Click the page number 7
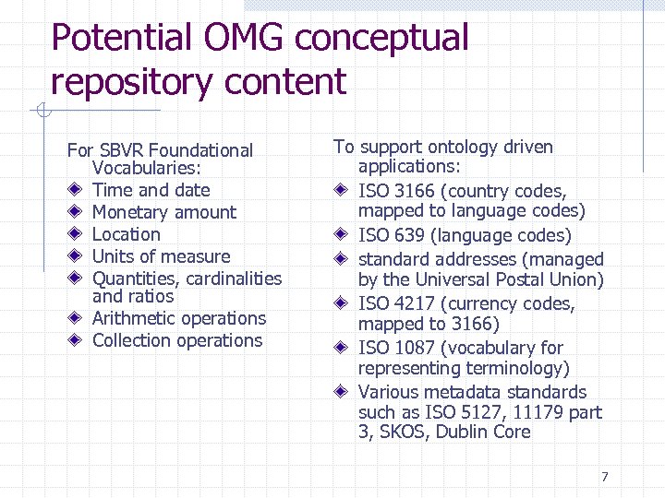[x=604, y=477]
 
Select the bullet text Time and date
[x=151, y=191]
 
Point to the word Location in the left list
[x=126, y=235]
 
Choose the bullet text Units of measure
[x=161, y=257]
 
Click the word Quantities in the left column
[x=135, y=279]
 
